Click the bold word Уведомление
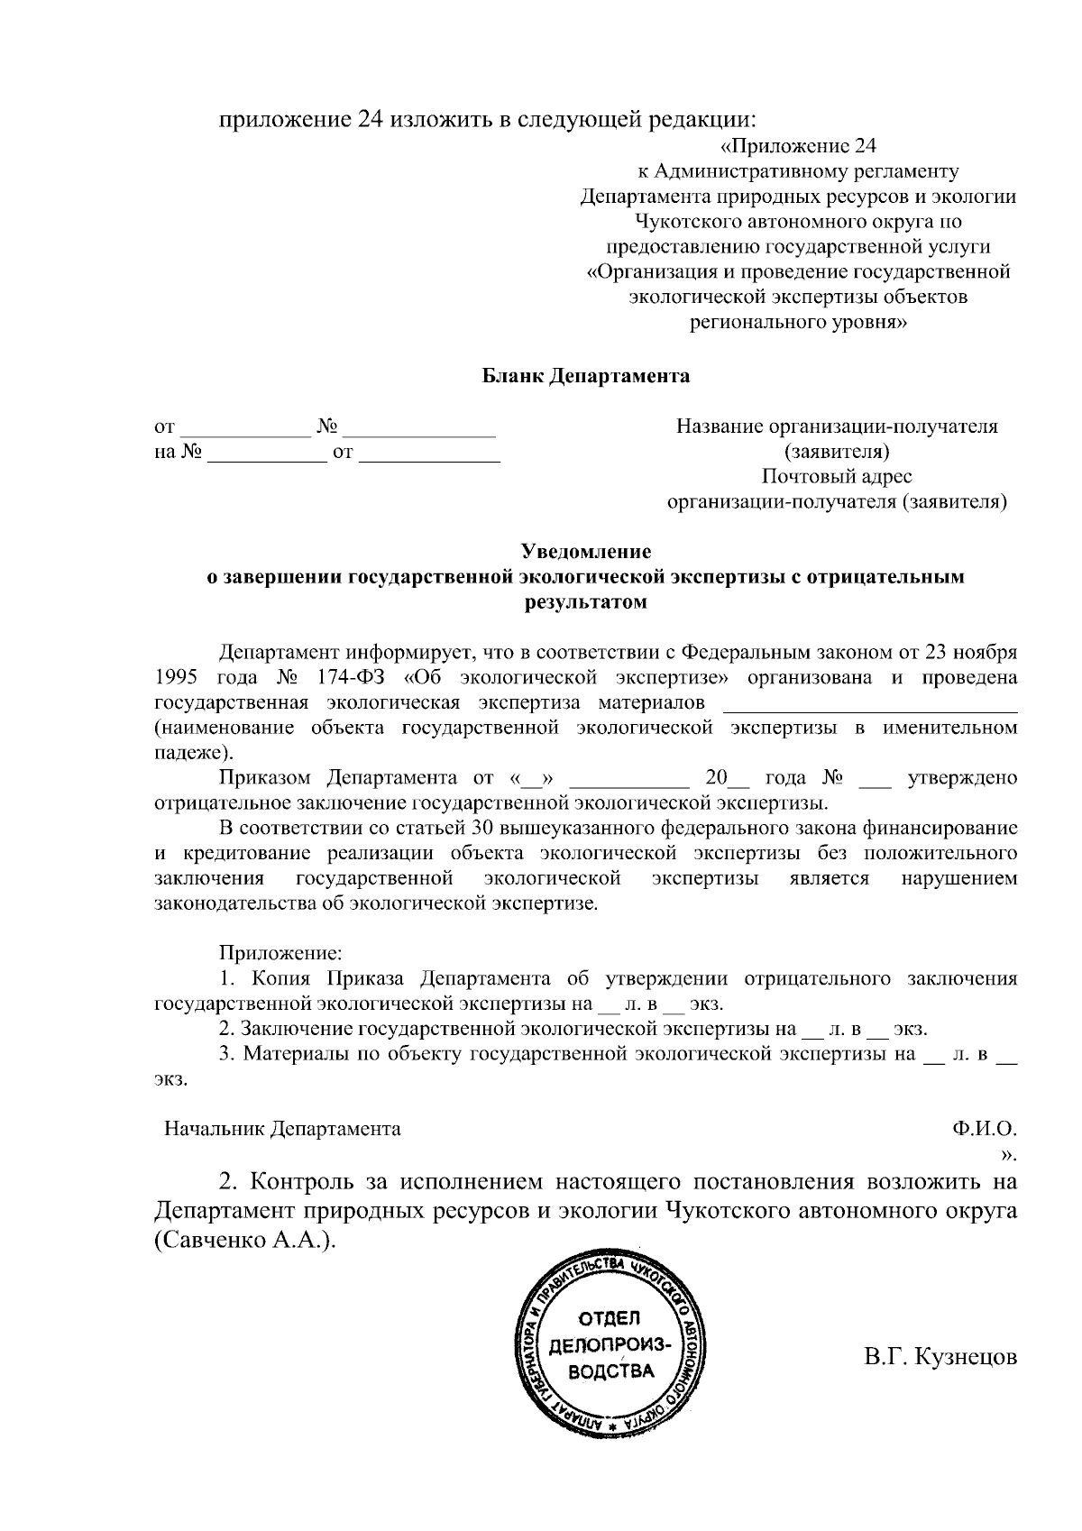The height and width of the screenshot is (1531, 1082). pos(586,552)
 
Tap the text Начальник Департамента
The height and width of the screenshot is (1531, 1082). pos(282,1128)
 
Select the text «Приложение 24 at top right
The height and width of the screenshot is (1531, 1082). pos(799,146)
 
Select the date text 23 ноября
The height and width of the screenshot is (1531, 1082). pos(977,651)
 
